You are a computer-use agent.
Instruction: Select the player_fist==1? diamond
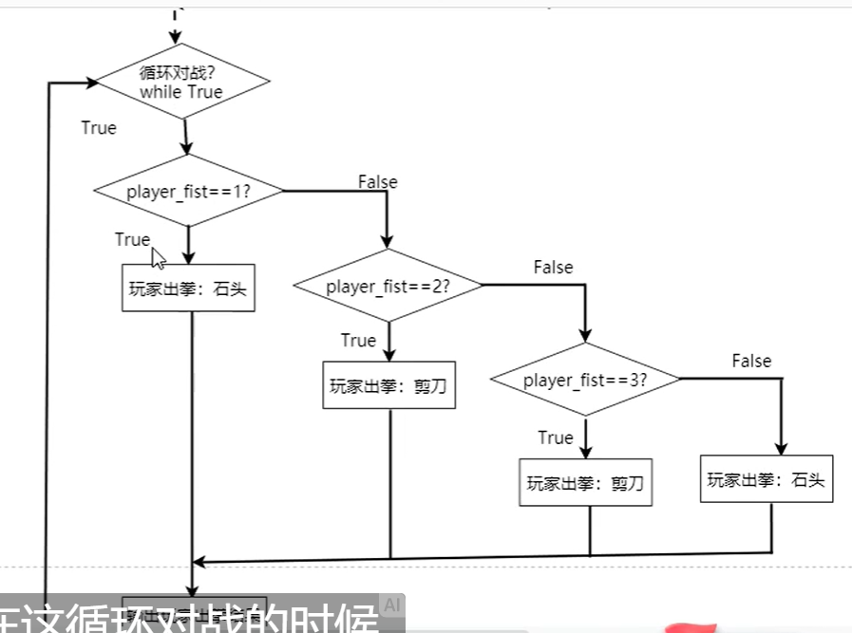click(188, 191)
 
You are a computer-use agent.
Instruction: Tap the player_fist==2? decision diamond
click(388, 286)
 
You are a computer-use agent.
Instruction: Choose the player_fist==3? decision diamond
click(585, 380)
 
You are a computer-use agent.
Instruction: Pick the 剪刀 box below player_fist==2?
click(388, 385)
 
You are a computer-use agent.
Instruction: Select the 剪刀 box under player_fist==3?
click(585, 482)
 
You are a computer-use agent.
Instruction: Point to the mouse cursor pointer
click(158, 257)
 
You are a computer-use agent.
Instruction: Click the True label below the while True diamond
click(99, 128)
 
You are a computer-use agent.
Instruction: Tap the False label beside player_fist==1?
click(377, 181)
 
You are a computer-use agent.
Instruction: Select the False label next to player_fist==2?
click(553, 267)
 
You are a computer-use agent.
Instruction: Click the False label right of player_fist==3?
click(751, 361)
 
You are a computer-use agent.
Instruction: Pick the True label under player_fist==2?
click(358, 341)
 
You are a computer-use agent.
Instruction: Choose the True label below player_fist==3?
click(556, 438)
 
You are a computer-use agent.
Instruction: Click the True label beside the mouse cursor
click(132, 239)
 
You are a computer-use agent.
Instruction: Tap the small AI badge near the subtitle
click(391, 604)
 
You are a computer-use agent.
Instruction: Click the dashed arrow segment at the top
click(175, 19)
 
